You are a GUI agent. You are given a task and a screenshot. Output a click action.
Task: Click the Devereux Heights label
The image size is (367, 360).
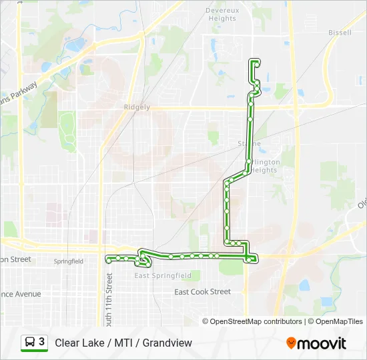coord(221,15)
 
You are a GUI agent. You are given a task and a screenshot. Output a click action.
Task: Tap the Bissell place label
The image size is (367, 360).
coord(340,32)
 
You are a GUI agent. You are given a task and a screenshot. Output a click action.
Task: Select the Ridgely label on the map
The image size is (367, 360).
coord(137,107)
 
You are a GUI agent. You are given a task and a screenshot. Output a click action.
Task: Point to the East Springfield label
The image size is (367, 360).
coord(163,275)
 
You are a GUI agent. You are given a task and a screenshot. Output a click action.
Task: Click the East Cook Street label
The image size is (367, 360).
coord(202,292)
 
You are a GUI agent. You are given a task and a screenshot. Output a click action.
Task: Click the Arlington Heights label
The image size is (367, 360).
coord(264,166)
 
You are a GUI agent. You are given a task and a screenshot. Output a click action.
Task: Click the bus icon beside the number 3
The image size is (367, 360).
coord(31,342)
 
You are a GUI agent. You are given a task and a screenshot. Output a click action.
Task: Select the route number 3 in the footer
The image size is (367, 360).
coord(42,342)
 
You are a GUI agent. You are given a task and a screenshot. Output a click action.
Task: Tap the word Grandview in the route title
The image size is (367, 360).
coord(170,343)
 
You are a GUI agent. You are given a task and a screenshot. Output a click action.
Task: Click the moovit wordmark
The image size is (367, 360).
coord(322,343)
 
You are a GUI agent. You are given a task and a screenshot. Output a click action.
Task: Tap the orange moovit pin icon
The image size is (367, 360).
coord(291,343)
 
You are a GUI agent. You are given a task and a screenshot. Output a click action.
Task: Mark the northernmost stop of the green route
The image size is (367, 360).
coord(254,63)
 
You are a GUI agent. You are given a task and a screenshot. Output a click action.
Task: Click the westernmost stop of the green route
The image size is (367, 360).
coord(109,261)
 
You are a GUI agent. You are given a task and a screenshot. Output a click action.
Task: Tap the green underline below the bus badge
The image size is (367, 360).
coord(34,351)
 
